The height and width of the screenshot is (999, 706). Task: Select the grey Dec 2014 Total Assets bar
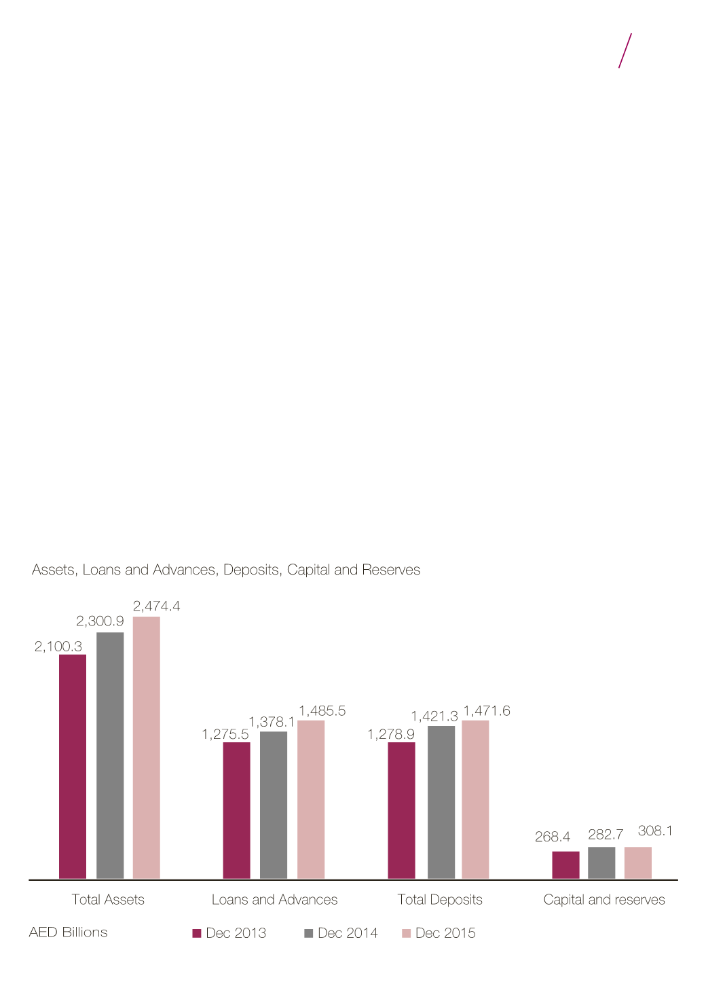click(x=110, y=755)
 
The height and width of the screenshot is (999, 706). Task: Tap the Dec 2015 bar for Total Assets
click(x=147, y=747)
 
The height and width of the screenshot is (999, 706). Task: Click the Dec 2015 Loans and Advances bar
click(x=311, y=799)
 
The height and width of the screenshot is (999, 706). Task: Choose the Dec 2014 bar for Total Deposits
click(x=441, y=802)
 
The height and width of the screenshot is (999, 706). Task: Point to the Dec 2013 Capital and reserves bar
click(x=565, y=865)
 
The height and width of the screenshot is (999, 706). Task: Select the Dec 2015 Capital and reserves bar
click(x=638, y=862)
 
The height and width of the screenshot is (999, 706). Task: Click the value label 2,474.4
click(x=156, y=606)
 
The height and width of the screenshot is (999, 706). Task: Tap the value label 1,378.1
click(x=272, y=722)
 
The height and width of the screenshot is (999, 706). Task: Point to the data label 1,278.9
click(x=390, y=734)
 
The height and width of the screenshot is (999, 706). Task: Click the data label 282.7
click(x=606, y=835)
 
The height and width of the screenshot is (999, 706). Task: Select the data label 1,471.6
click(x=486, y=711)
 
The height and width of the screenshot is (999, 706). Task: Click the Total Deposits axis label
click(x=440, y=900)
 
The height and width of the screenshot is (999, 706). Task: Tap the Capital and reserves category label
click(x=604, y=900)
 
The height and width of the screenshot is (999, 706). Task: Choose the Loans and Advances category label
click(x=274, y=900)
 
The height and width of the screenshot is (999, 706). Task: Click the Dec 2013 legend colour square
click(x=197, y=933)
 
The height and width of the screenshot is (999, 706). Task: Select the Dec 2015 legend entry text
click(x=445, y=933)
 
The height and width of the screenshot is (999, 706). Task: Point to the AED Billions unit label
click(x=68, y=932)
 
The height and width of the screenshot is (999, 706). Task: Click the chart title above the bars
click(x=226, y=570)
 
